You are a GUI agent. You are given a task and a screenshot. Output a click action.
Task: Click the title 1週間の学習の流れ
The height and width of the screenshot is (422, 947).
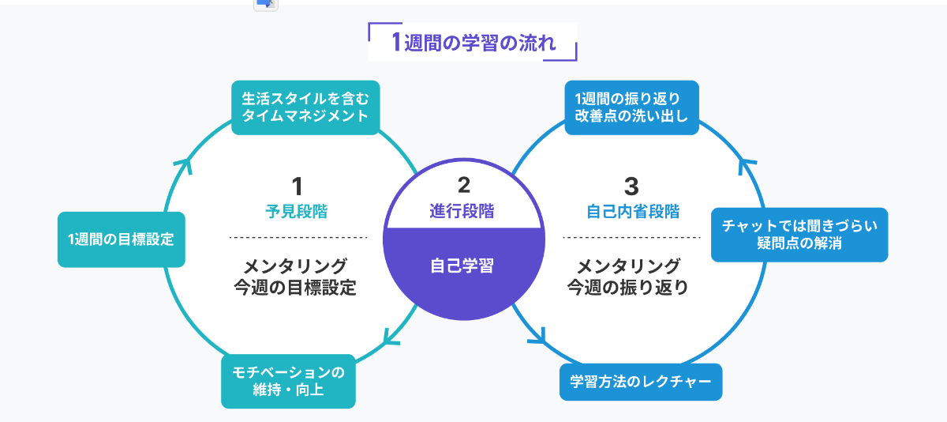click(x=473, y=42)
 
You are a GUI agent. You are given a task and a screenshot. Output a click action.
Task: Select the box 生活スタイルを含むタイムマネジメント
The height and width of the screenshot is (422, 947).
click(x=305, y=107)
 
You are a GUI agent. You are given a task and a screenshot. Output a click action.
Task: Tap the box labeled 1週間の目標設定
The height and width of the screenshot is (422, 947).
click(x=121, y=239)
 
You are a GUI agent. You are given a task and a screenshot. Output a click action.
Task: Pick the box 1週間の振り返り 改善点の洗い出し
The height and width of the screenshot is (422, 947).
click(x=631, y=107)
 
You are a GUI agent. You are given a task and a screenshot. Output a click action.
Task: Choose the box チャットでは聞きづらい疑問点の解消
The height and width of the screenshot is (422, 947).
click(x=799, y=235)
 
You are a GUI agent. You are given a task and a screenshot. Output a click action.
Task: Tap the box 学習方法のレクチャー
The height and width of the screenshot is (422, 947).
click(x=640, y=382)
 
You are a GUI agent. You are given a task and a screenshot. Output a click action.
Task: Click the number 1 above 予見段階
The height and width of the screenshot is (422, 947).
click(x=297, y=186)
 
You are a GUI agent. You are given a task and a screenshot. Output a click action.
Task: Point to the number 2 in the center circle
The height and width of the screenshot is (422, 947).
click(x=463, y=185)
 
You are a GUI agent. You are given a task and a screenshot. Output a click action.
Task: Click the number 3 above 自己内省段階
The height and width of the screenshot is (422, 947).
click(x=631, y=186)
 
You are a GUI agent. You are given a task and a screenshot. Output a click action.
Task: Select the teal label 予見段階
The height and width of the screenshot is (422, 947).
click(x=297, y=212)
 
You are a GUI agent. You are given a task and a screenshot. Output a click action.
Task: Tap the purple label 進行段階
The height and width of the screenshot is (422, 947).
click(x=462, y=211)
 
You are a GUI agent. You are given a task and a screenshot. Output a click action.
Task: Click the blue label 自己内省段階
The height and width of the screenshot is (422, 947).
click(x=632, y=212)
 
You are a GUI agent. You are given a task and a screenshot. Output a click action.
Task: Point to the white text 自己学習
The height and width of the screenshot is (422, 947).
click(x=462, y=266)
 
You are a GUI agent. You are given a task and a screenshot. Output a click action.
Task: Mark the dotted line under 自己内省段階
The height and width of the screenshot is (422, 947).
click(x=631, y=237)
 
